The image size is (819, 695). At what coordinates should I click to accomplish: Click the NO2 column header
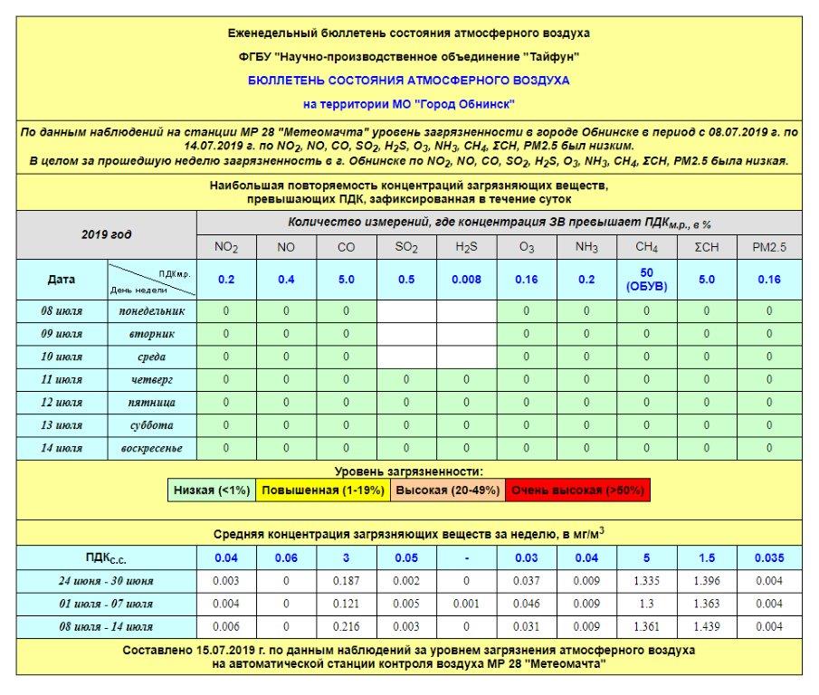click(x=226, y=246)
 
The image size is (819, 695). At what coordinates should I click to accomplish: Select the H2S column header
click(x=466, y=246)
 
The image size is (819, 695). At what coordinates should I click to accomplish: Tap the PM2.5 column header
click(x=769, y=246)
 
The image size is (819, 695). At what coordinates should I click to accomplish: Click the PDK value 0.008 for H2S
click(x=466, y=280)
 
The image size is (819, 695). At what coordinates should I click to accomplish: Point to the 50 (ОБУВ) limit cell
click(x=646, y=280)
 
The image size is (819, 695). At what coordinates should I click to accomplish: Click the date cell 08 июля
click(x=62, y=311)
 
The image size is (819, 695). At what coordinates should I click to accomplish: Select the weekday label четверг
click(x=151, y=379)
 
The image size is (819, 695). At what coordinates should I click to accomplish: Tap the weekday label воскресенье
click(x=151, y=448)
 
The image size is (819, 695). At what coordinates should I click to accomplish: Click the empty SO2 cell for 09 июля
click(x=406, y=334)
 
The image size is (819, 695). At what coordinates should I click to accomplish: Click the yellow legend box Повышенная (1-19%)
click(x=323, y=490)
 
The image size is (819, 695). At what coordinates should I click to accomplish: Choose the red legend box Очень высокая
click(x=577, y=490)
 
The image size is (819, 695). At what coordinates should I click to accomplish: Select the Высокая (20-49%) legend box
click(x=447, y=490)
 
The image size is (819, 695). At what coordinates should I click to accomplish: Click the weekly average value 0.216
click(x=346, y=626)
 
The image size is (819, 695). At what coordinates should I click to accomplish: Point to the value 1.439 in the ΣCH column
click(x=709, y=626)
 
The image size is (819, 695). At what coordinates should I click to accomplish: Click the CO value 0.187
click(x=346, y=581)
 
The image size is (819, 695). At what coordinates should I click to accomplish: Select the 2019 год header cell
click(x=107, y=234)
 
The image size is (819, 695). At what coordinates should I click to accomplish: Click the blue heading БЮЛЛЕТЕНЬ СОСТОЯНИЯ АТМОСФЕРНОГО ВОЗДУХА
click(x=409, y=81)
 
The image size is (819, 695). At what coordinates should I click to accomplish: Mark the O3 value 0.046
click(x=527, y=604)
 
